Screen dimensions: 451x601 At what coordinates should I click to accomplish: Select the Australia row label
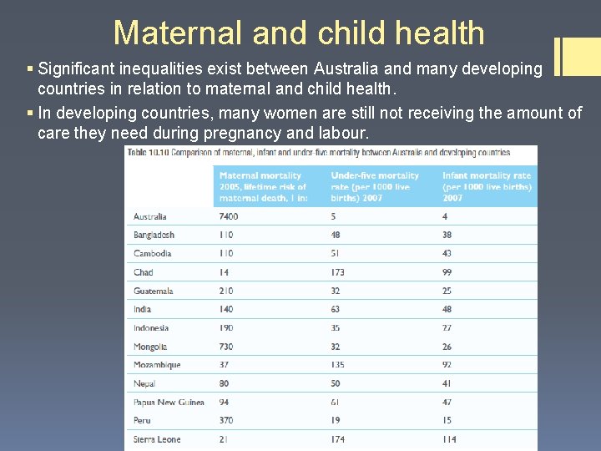150,216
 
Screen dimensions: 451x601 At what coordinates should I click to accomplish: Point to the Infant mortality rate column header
487,187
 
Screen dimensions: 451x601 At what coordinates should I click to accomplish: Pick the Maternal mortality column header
263,187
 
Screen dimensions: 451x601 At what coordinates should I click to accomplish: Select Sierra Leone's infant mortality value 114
451,439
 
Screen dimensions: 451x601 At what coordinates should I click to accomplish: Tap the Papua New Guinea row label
169,402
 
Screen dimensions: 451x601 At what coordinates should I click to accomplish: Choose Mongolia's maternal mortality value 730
227,347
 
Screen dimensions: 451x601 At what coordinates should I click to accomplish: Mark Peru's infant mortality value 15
447,421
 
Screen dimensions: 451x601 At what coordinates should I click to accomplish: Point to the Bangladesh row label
154,235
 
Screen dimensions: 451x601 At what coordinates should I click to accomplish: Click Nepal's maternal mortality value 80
225,383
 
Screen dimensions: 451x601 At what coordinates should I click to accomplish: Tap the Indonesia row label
151,328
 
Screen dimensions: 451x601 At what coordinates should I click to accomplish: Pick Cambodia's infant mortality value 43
448,253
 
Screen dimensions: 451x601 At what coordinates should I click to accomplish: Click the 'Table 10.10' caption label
147,153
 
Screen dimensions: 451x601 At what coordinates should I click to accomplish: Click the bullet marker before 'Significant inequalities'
31,68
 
